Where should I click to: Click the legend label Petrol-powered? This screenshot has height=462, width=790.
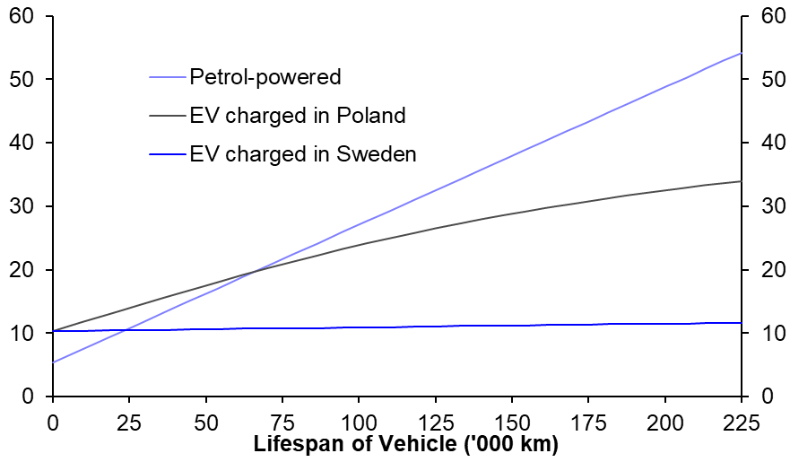point(265,77)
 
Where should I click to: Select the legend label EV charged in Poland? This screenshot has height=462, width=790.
point(298,116)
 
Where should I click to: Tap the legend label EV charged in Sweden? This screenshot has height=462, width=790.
point(303,154)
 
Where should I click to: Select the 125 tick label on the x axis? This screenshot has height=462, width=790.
point(435,421)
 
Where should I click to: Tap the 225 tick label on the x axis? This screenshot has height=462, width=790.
point(741,421)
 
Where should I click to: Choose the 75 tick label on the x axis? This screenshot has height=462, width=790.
point(282,421)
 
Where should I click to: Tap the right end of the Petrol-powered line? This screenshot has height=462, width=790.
point(741,53)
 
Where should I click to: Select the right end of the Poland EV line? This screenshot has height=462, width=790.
point(741,181)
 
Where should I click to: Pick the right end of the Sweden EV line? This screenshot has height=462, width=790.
point(741,323)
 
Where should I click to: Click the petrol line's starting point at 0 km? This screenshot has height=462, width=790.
point(54,362)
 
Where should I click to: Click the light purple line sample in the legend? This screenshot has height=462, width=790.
point(167,77)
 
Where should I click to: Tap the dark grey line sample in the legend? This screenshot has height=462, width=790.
point(167,116)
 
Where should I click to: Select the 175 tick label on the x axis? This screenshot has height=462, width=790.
point(588,421)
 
